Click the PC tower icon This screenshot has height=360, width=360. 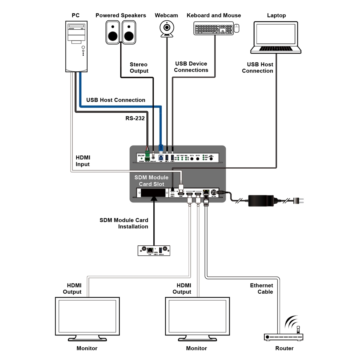[x=76, y=46]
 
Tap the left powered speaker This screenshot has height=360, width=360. [x=113, y=32]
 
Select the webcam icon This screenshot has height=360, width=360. [x=166, y=29]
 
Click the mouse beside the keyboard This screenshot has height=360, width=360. [x=236, y=28]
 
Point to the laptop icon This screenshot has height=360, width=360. [x=276, y=37]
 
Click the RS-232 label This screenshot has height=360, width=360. [x=135, y=118]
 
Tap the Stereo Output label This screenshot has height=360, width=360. [x=139, y=67]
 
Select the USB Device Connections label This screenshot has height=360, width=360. [x=191, y=67]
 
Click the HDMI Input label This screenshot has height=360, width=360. [x=83, y=161]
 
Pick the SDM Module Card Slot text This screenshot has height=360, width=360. [x=151, y=181]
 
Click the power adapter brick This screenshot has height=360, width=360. [x=261, y=200]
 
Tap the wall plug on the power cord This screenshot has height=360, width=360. [x=298, y=201]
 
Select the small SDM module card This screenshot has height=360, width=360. [x=154, y=250]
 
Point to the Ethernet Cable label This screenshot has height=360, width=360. [x=262, y=289]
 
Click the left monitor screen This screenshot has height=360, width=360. [x=87, y=316]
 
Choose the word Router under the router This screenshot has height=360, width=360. [x=284, y=348]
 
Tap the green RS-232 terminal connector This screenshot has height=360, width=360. [x=148, y=154]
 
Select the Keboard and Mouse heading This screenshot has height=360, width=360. [x=214, y=15]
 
